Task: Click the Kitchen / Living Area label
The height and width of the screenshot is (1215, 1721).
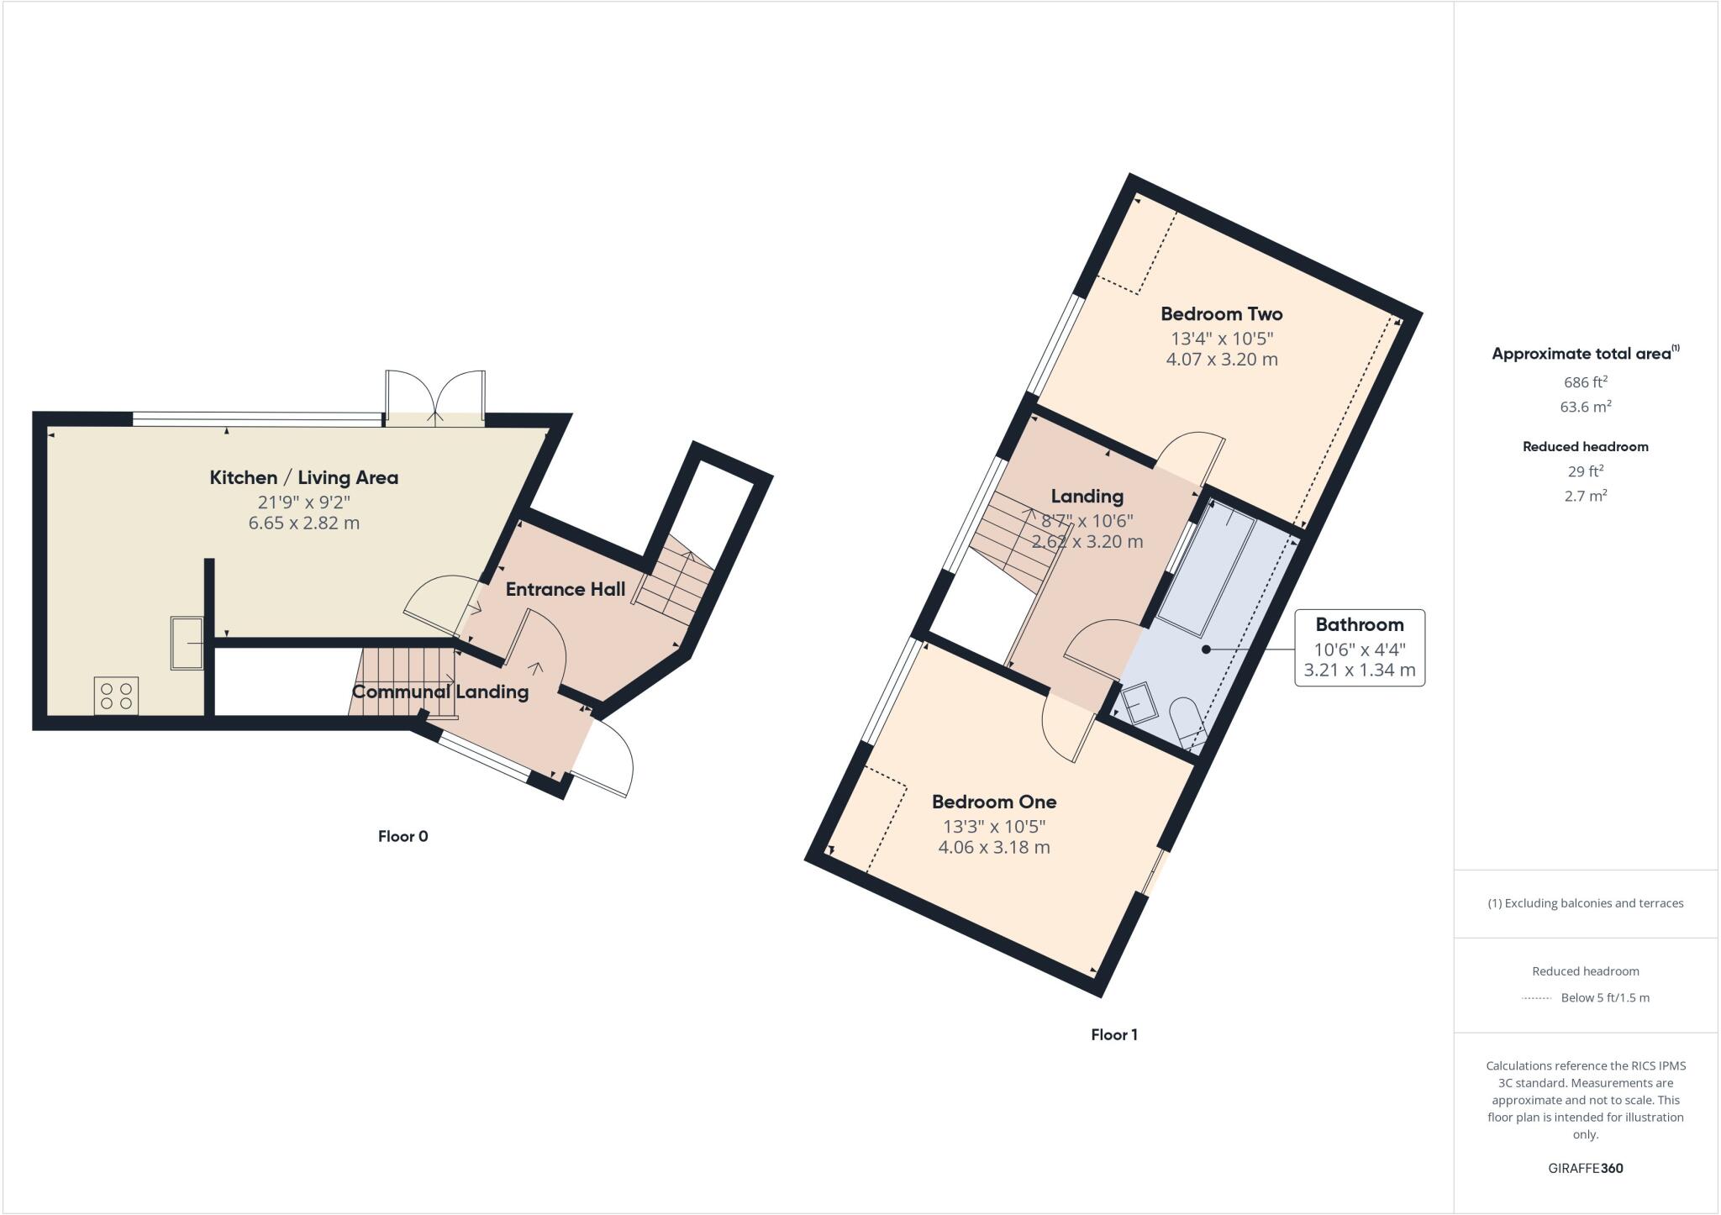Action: click(x=303, y=477)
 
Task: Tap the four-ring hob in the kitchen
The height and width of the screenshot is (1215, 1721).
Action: click(x=116, y=696)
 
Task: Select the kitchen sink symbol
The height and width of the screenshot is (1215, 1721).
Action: click(x=186, y=643)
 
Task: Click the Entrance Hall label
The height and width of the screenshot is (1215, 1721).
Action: click(x=565, y=589)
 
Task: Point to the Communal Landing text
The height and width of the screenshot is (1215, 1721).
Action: click(x=439, y=692)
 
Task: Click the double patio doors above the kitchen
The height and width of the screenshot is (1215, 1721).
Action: click(x=435, y=397)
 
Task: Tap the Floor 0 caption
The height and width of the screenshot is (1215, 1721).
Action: click(x=403, y=836)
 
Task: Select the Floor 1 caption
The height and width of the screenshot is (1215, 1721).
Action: click(x=1113, y=1034)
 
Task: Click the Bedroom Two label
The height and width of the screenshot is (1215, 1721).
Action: click(x=1221, y=314)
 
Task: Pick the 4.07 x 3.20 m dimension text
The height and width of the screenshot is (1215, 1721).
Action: click(x=1221, y=360)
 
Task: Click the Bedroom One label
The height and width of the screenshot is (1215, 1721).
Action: click(x=993, y=802)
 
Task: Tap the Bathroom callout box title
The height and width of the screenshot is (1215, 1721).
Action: click(x=1359, y=624)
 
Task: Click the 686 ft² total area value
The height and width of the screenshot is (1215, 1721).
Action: click(x=1585, y=382)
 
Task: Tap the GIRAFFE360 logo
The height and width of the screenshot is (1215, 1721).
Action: click(x=1585, y=1168)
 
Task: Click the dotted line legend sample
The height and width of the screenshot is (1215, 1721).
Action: click(x=1536, y=998)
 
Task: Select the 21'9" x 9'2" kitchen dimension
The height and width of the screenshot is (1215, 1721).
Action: click(x=303, y=502)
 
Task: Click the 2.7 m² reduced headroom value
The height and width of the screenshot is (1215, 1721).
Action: click(x=1585, y=496)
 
